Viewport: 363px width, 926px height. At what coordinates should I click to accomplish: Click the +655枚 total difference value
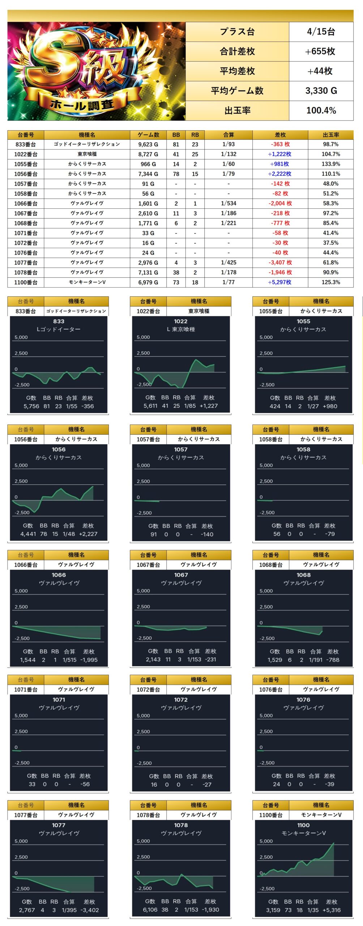pos(321,51)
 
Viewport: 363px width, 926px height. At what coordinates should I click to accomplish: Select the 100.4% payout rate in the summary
pos(321,110)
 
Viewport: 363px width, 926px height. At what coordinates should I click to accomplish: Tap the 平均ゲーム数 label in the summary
pos(237,91)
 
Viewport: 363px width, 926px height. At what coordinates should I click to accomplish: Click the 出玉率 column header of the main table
pos(330,135)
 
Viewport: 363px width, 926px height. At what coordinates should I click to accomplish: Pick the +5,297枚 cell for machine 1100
pos(279,282)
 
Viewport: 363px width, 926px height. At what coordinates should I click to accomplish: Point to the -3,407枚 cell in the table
pos(280,263)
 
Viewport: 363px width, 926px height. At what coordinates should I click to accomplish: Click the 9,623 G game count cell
pos(148,144)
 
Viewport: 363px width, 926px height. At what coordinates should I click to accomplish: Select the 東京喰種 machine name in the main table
pos(87,154)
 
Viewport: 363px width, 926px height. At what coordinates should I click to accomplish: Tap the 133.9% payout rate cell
pos(330,164)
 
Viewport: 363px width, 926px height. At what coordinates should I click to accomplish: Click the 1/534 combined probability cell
pos(229,203)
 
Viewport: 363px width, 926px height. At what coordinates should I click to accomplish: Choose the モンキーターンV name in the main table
pos(87,282)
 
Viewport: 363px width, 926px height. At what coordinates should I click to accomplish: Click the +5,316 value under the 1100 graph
pos(331,910)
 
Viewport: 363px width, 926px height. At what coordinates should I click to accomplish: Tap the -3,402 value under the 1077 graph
pos(89,910)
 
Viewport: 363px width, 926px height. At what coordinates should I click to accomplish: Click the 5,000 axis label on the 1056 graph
pos(21,465)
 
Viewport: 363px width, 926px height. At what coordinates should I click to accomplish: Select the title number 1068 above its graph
pos(303,575)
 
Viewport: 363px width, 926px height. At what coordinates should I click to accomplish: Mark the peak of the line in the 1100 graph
pos(333,843)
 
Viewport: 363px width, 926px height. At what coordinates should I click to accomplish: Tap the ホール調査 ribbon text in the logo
pos(82,105)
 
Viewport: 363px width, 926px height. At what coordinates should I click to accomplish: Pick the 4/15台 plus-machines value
pos(321,32)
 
